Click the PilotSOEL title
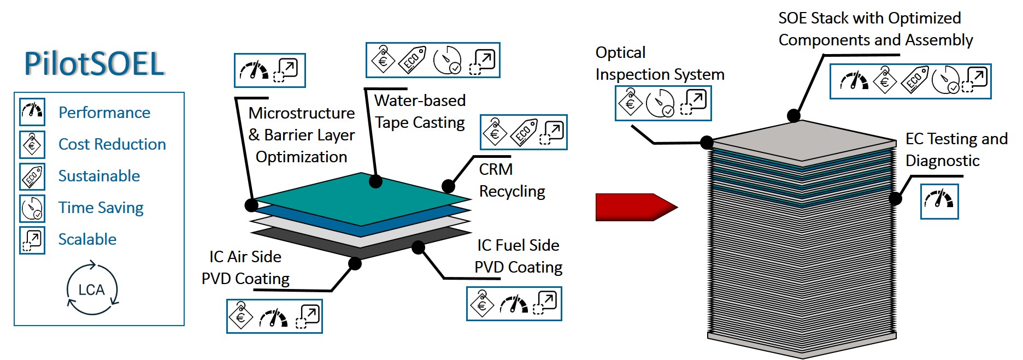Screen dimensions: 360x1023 [94, 64]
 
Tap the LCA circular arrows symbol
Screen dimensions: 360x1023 [92, 289]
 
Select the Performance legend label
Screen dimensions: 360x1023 [104, 113]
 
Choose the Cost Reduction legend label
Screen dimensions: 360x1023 [112, 144]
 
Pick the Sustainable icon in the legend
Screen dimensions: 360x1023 [32, 176]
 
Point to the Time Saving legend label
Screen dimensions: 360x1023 [101, 208]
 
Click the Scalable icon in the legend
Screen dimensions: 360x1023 [32, 239]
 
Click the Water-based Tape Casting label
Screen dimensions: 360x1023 [420, 111]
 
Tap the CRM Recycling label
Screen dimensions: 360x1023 [511, 180]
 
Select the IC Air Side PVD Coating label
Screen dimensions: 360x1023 [245, 268]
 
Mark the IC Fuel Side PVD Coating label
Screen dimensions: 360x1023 [518, 256]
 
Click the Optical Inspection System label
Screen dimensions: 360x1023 [660, 63]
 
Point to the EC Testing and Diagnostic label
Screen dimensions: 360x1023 [956, 150]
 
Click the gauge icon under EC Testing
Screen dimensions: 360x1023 [939, 200]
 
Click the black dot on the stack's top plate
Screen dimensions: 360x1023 [793, 116]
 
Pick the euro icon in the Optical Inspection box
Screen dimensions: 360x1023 [630, 102]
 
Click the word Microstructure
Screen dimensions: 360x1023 [302, 113]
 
